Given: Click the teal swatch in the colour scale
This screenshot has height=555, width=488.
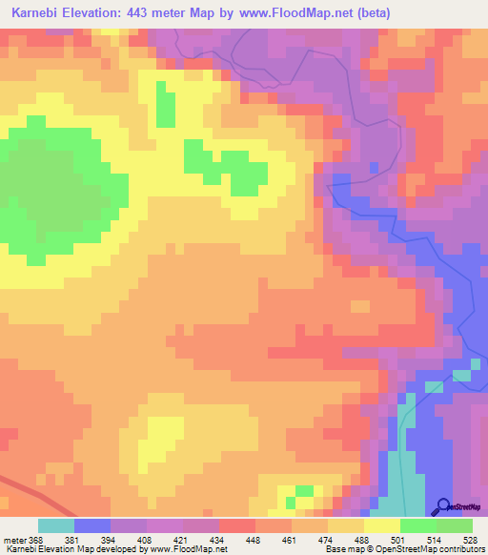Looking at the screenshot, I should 55,525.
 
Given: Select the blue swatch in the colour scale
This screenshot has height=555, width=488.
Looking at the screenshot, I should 91,525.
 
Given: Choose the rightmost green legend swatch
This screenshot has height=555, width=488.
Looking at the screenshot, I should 455,525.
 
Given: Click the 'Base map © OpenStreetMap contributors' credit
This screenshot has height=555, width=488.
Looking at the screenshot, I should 403,549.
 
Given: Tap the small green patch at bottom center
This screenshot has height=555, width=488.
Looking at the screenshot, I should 303,492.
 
